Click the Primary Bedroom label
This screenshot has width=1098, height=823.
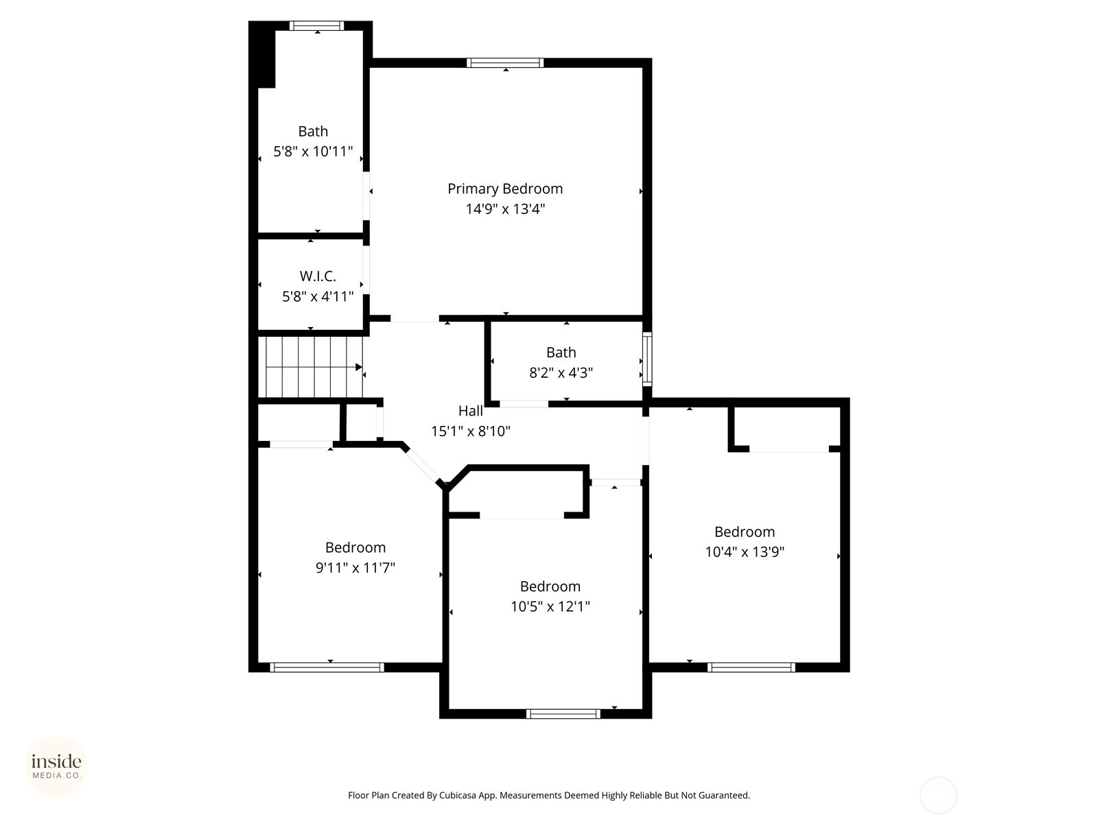point(504,189)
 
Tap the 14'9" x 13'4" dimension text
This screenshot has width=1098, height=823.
point(504,209)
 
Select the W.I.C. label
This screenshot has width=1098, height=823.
point(318,276)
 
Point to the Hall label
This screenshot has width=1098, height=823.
point(471,411)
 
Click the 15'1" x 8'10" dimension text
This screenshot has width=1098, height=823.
point(471,431)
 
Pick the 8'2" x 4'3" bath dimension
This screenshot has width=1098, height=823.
point(561,373)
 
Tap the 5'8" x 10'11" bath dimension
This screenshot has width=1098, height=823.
point(313,152)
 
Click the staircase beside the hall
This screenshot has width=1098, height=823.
point(311,368)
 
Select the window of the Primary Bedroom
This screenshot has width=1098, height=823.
point(505,63)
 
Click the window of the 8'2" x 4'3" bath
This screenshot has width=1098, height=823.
point(647,359)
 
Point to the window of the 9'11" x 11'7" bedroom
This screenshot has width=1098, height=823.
point(327,667)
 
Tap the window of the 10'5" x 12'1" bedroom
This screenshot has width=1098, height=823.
point(563,714)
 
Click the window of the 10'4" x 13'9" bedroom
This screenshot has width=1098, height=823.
point(751,667)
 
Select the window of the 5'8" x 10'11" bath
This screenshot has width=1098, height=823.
point(316,25)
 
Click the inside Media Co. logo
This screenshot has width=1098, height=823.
point(56,766)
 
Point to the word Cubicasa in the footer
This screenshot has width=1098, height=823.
point(458,795)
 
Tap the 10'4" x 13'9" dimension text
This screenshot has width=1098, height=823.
point(745,551)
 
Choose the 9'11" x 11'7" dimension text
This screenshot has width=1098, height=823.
point(355,568)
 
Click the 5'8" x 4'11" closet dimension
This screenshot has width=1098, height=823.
point(318,297)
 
